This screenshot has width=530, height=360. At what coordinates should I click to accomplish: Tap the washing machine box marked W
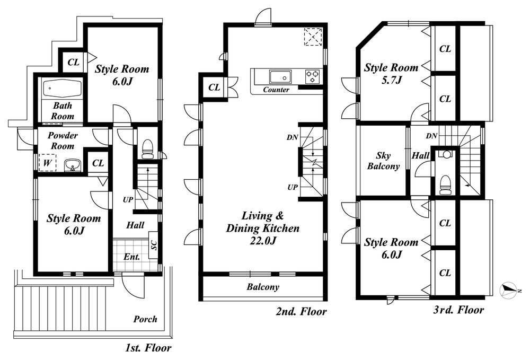click(47, 162)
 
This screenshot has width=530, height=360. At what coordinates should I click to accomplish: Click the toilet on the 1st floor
click(147, 148)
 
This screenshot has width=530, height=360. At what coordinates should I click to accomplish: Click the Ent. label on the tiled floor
click(131, 257)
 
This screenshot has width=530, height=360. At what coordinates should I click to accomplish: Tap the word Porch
click(145, 319)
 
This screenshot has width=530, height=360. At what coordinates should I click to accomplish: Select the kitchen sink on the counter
click(277, 75)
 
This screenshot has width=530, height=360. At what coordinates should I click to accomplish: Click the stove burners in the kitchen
click(312, 76)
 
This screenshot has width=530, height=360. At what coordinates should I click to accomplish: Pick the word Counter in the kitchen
click(276, 90)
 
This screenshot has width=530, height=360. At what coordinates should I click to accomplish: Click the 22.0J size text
click(263, 241)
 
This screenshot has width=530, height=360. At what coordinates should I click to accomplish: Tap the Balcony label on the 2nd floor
click(262, 287)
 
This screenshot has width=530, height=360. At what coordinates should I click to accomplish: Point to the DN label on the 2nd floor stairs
click(292, 137)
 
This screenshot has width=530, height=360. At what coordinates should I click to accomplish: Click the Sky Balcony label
click(384, 161)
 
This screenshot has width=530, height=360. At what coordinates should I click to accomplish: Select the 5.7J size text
click(391, 80)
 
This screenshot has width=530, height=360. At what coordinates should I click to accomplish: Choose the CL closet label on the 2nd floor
click(214, 87)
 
